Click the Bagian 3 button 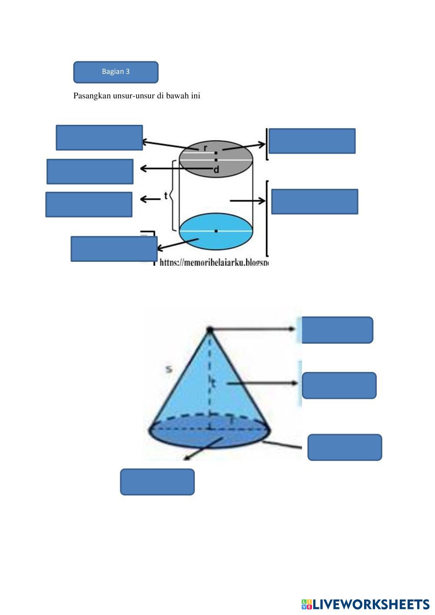pyautogui.click(x=116, y=72)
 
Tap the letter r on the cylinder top pyautogui.click(x=206, y=147)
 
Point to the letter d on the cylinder pyautogui.click(x=216, y=170)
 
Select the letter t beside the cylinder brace pyautogui.click(x=166, y=196)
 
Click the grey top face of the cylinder pyautogui.click(x=235, y=150)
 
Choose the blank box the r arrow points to pyautogui.click(x=99, y=137)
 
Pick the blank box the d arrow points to pyautogui.click(x=90, y=171)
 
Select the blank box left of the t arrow pyautogui.click(x=89, y=204)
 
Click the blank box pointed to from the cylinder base pyautogui.click(x=114, y=249)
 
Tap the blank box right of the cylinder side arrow pyautogui.click(x=315, y=201)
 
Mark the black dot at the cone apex pyautogui.click(x=210, y=330)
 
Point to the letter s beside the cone pyautogui.click(x=169, y=369)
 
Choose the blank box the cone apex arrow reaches pyautogui.click(x=337, y=330)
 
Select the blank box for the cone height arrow pyautogui.click(x=339, y=385)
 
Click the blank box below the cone pyautogui.click(x=157, y=482)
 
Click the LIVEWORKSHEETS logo pyautogui.click(x=365, y=604)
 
